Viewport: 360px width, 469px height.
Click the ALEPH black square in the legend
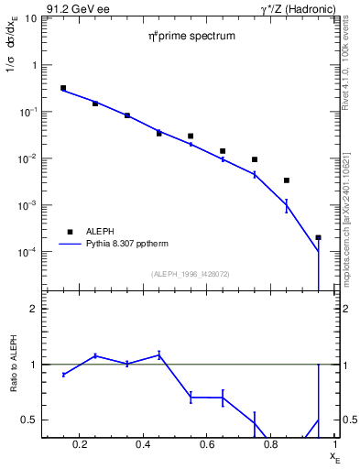point(69,232)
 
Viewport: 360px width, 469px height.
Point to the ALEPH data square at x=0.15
point(63,88)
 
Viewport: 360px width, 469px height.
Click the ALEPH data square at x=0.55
point(191,136)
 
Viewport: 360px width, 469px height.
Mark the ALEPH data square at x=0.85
point(287,180)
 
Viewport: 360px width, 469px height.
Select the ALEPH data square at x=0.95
point(318,237)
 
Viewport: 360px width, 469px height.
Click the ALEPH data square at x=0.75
point(255,159)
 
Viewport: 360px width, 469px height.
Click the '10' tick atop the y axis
point(30,18)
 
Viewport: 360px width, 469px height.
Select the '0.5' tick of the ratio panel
point(28,420)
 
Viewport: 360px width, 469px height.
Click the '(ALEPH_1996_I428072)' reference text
point(191,275)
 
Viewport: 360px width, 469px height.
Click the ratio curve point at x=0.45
point(158,354)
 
